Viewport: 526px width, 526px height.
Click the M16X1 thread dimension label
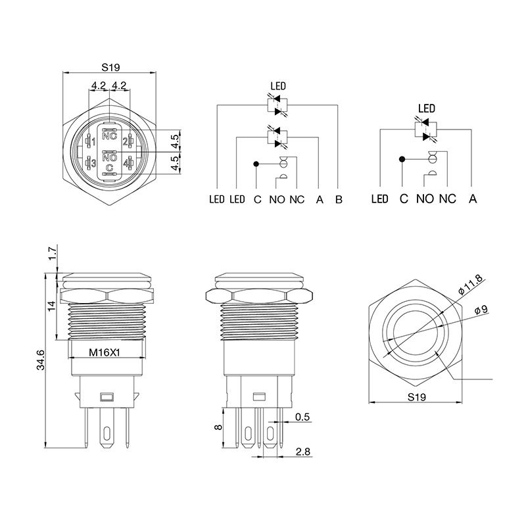point(105,352)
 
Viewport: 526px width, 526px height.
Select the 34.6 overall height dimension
point(41,360)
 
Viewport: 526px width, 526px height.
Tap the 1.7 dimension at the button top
point(52,254)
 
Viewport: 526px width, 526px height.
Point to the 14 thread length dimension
point(51,306)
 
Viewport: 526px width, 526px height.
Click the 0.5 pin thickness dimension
point(302,417)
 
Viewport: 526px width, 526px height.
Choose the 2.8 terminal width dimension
point(303,452)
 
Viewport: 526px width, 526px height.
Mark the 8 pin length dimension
point(218,427)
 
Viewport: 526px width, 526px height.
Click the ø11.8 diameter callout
point(470,284)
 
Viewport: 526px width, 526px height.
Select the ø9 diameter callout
point(481,309)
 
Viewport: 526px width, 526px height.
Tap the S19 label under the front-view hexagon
point(417,397)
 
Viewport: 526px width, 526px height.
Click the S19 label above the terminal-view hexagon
point(110,68)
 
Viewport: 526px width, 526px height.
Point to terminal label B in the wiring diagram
point(339,200)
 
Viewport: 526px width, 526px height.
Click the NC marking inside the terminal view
point(109,136)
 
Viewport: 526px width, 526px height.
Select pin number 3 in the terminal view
point(93,163)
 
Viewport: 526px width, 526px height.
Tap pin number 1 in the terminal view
point(93,142)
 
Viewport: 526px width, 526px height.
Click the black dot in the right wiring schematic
point(402,159)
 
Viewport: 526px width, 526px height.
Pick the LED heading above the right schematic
point(427,108)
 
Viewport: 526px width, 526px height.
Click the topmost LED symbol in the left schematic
point(277,105)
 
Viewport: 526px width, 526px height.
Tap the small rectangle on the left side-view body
point(107,397)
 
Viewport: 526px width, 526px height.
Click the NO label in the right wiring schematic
point(425,199)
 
